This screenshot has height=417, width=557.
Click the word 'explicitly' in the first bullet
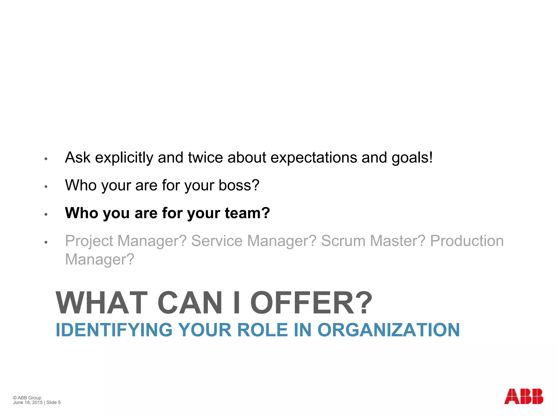pyautogui.click(x=124, y=158)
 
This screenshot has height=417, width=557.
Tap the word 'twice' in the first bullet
pyautogui.click(x=205, y=157)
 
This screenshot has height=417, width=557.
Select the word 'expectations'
pyautogui.click(x=314, y=158)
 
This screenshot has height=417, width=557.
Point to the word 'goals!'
pyautogui.click(x=412, y=158)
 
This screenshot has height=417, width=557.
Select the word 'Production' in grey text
pyautogui.click(x=467, y=241)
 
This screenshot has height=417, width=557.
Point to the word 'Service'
pyautogui.click(x=217, y=241)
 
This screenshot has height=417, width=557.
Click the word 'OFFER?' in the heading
pyautogui.click(x=311, y=303)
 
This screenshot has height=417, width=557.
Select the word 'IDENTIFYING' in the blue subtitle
pyautogui.click(x=114, y=330)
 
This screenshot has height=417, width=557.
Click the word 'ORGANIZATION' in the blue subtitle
pyautogui.click(x=389, y=330)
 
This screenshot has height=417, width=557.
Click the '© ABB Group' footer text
pyautogui.click(x=27, y=398)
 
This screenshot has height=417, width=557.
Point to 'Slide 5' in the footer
pyautogui.click(x=53, y=403)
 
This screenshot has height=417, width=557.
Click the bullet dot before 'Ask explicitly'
pyautogui.click(x=46, y=159)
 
